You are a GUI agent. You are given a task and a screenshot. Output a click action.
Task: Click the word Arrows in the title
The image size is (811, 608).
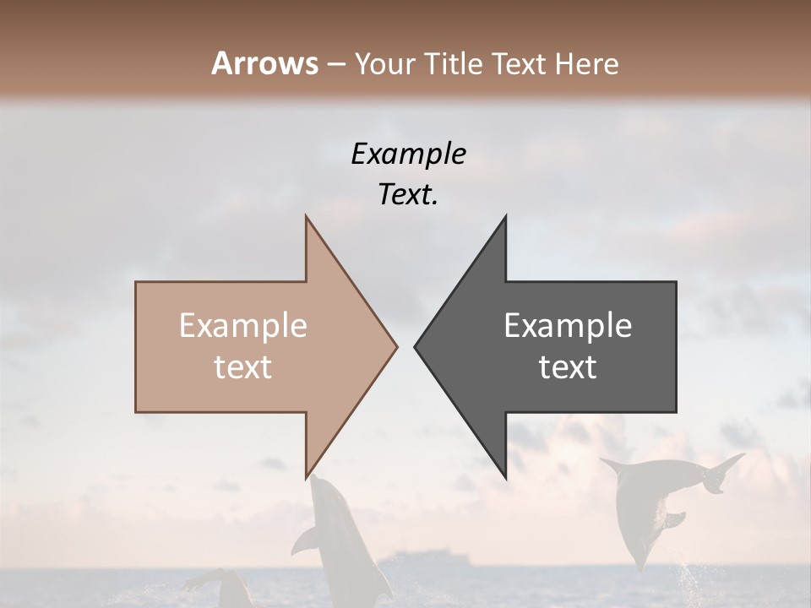point(264,63)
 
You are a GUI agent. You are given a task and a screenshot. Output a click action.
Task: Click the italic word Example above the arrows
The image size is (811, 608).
point(408,155)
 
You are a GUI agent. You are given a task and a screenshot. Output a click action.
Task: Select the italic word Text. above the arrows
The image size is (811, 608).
point(408,195)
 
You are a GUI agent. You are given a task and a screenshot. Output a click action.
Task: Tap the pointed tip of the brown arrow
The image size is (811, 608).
point(397,346)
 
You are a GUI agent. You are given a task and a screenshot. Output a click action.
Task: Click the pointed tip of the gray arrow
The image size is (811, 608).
point(415,346)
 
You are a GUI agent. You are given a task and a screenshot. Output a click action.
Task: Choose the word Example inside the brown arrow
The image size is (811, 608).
point(243,326)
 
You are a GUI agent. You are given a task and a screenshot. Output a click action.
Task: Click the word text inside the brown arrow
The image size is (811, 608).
point(243,367)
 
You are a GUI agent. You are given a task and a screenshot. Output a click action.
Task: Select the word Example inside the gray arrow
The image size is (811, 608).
point(568,326)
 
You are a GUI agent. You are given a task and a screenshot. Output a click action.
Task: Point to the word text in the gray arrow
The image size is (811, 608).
point(568,367)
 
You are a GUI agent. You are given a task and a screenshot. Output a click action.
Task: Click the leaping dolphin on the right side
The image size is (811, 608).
point(659,502)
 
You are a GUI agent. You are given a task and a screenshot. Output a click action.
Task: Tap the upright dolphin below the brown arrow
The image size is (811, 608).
point(338,540)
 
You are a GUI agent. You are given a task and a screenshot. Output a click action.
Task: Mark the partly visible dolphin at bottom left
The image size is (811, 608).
point(220,588)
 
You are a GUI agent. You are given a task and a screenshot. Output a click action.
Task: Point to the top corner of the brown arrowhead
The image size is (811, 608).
point(306,216)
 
